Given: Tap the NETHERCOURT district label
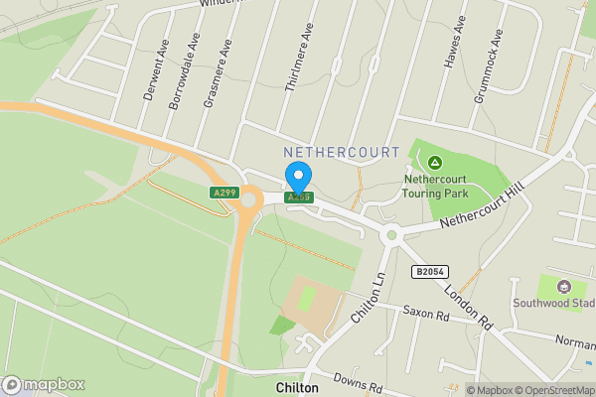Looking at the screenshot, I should (341, 153).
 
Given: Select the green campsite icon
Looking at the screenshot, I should (434, 163).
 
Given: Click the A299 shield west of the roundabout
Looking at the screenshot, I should (223, 192).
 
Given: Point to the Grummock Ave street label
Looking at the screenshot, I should (491, 55).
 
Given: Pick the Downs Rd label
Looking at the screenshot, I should (357, 382).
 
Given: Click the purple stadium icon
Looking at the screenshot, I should (565, 286).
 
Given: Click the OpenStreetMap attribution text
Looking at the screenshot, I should (548, 390).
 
